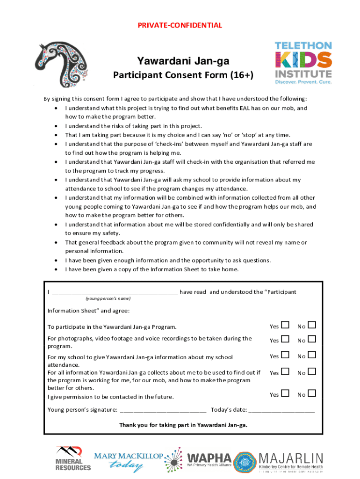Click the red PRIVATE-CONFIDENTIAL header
180,25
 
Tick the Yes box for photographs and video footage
285,340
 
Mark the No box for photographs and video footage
312,340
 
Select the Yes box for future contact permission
285,394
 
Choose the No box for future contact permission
312,394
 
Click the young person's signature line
163,411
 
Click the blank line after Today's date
282,411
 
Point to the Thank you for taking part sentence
183,425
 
